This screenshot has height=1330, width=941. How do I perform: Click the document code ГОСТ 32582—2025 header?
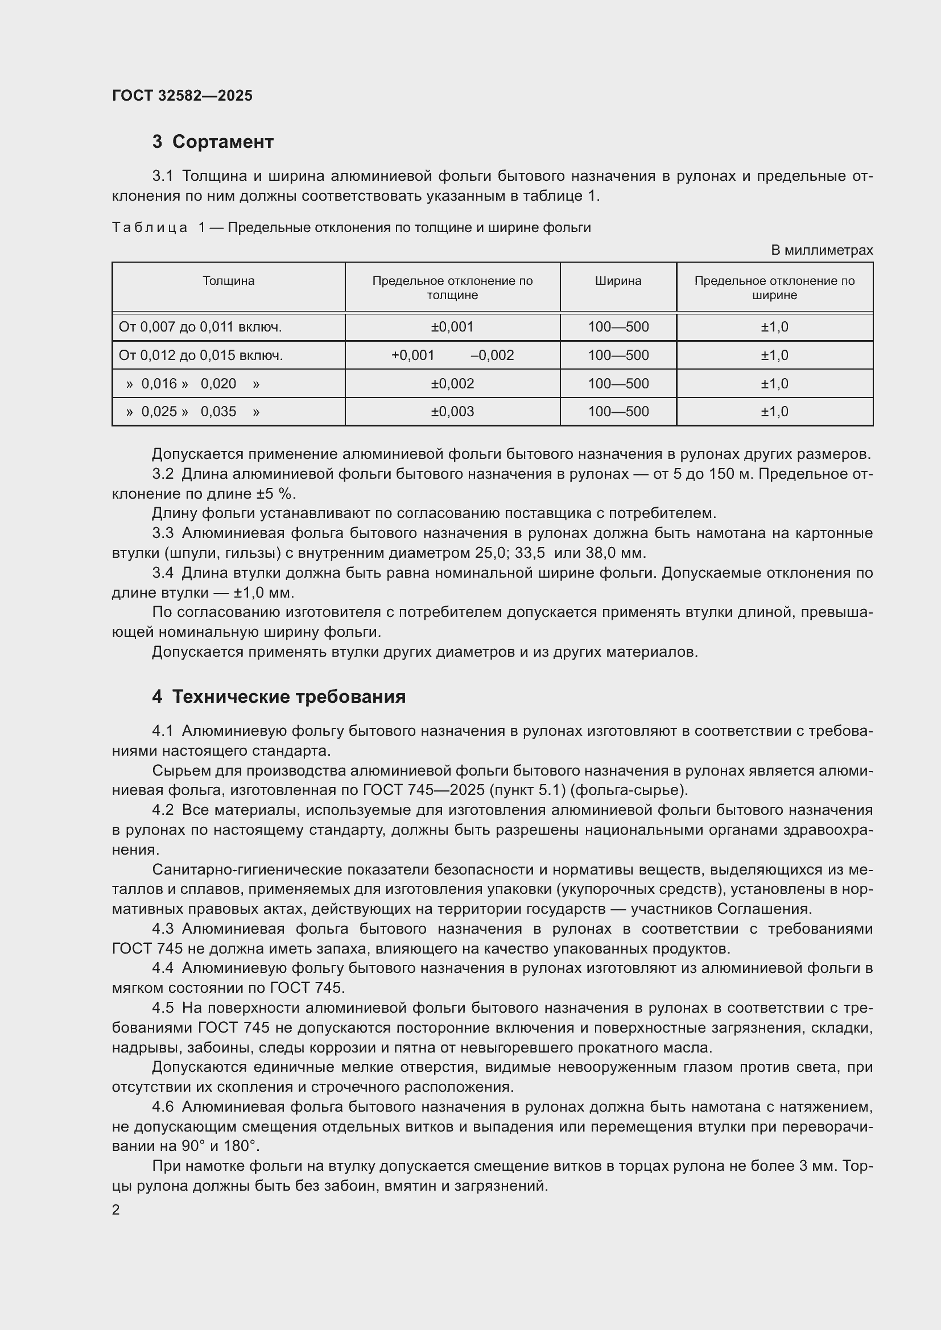182,96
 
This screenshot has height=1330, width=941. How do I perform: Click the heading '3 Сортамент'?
213,142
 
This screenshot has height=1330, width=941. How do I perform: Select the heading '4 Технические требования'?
279,697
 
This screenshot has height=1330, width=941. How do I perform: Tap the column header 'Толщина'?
228,281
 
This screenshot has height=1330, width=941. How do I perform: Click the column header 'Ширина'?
618,281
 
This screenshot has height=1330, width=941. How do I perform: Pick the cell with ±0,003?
452,412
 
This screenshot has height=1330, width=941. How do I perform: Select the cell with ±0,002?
452,383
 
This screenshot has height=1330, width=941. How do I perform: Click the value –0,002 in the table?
492,355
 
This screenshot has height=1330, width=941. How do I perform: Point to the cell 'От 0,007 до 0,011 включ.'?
200,328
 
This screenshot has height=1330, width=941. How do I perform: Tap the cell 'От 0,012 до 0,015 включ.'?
200,355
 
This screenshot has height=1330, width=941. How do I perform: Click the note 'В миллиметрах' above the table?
821,250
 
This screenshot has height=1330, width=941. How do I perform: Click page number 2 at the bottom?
116,1209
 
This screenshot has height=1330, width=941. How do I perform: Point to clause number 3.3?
163,533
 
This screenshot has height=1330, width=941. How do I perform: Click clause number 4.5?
163,1008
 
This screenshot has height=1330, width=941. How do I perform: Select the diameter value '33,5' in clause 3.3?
530,553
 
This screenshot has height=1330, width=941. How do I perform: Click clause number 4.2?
163,810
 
